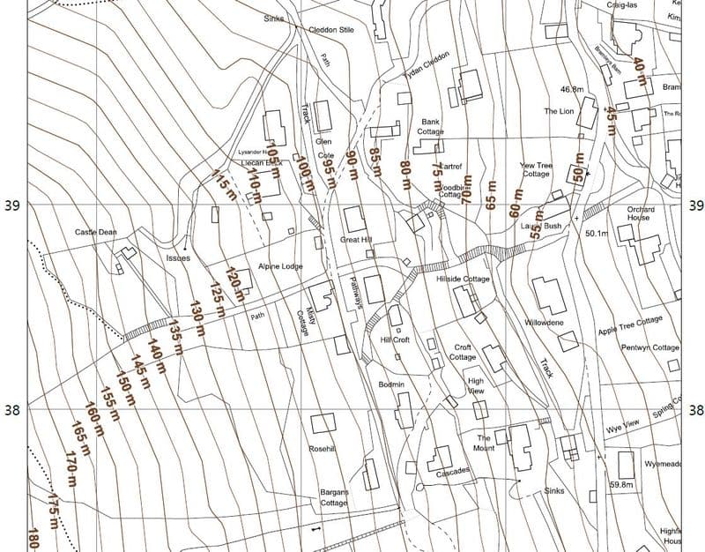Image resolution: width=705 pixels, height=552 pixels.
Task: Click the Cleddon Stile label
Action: click(330, 29)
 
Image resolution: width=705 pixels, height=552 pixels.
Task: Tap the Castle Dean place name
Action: click(96, 233)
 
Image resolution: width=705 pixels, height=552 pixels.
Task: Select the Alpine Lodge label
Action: click(279, 266)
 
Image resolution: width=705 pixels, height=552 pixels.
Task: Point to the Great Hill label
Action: click(356, 240)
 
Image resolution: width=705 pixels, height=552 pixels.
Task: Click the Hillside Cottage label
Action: click(463, 279)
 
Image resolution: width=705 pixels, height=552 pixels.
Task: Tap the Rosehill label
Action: click(323, 449)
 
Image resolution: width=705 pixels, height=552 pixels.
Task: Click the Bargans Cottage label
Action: click(334, 497)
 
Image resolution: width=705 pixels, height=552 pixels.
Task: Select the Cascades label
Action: click(452, 471)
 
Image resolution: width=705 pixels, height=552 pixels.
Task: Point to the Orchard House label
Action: click(639, 214)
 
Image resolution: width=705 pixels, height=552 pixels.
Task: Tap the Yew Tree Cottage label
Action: click(535, 169)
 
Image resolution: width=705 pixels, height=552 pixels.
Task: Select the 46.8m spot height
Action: click(573, 89)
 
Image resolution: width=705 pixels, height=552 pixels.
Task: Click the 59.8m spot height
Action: click(621, 484)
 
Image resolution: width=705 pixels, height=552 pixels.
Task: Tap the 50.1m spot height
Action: click(597, 234)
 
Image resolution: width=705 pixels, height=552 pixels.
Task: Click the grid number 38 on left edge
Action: click(11, 410)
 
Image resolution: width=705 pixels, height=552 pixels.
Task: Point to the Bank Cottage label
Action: click(431, 127)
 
